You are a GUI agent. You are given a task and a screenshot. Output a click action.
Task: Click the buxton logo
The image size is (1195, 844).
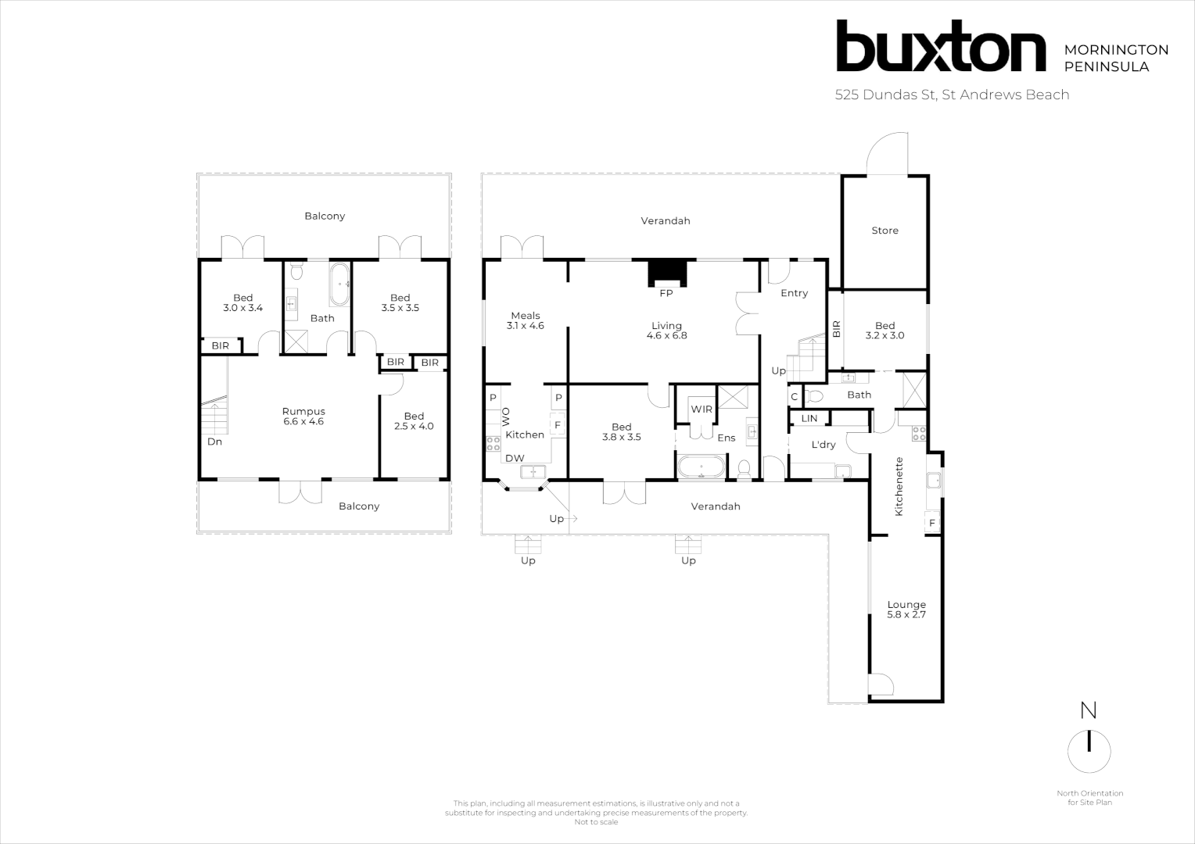point(941,47)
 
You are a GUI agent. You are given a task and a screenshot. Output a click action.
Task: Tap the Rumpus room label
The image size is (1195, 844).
point(303,417)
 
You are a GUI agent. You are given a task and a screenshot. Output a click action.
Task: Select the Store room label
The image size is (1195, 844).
point(885,231)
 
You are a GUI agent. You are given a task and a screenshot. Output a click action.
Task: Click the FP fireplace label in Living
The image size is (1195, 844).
point(666,294)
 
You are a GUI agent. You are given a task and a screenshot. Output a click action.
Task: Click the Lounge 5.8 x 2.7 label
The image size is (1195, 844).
point(906,610)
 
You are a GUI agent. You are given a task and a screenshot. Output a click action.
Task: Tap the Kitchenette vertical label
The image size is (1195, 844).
point(899,486)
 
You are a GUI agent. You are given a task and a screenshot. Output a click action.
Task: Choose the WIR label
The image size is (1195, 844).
point(702,409)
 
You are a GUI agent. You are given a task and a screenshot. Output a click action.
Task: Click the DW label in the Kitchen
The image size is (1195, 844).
point(515,458)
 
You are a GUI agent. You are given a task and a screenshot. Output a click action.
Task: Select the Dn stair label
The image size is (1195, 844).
point(214,442)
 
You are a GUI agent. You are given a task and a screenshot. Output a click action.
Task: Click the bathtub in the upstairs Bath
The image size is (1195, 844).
point(339,284)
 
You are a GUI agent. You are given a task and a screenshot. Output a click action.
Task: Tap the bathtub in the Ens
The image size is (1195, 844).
point(702,469)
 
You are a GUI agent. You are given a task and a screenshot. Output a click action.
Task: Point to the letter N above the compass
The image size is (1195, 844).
point(1088,710)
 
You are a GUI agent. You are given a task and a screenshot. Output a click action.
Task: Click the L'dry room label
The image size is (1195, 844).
point(824,445)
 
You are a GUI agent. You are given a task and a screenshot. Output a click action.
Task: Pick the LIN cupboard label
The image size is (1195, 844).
point(809,419)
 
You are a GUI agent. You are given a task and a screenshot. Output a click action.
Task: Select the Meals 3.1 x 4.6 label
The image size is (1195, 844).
point(526,320)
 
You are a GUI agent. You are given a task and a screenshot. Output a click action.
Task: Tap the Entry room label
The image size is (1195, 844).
point(794,293)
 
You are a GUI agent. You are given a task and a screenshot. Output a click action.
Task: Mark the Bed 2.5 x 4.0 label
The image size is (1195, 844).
point(414,421)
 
